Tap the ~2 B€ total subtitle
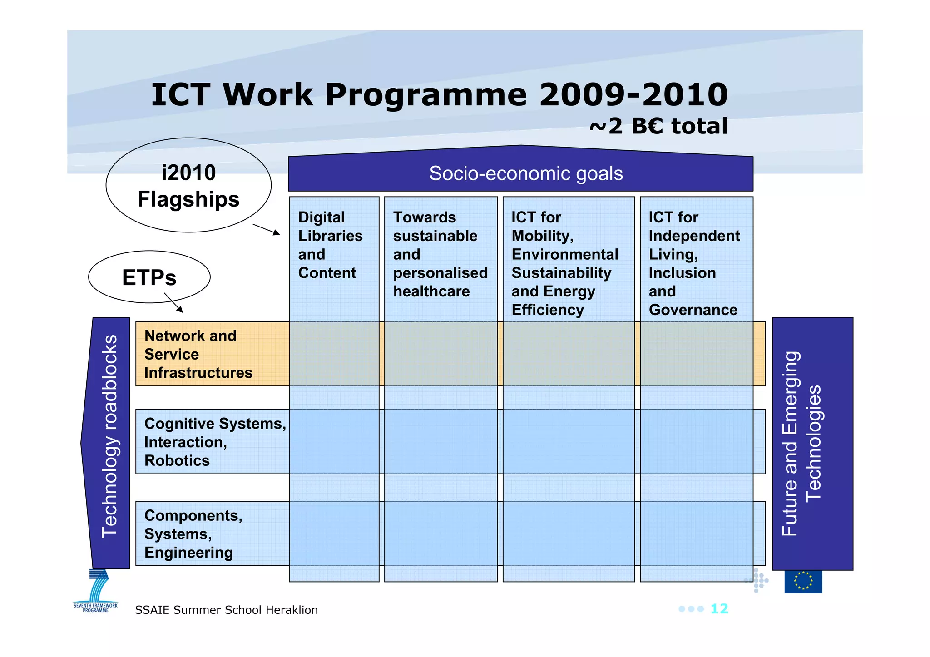658,126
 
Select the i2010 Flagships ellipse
188,185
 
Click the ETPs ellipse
149,277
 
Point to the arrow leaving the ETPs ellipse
173,303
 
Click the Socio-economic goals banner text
526,173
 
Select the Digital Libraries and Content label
330,245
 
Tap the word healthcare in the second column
431,291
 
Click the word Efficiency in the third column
548,310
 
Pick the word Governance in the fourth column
693,310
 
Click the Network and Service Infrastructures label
198,354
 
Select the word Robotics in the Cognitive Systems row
177,461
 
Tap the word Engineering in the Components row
188,553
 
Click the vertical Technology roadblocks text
109,436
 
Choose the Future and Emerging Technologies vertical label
801,444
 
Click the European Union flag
803,581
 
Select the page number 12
719,609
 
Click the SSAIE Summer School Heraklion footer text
226,610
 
